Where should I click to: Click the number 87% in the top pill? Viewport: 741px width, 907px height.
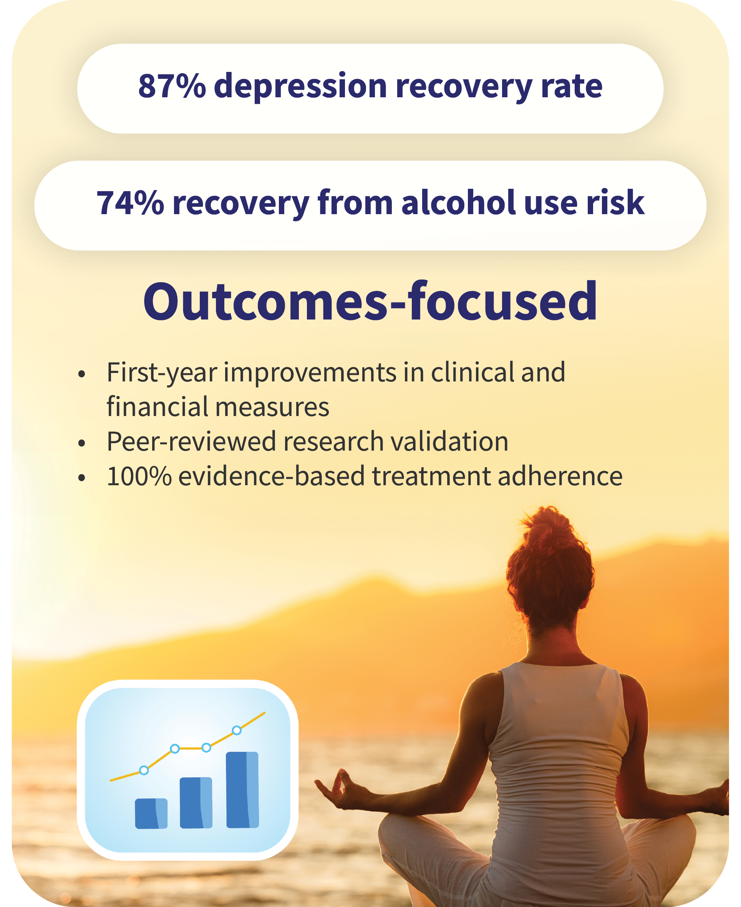tap(172, 86)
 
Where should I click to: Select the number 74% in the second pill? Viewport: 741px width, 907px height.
tap(130, 203)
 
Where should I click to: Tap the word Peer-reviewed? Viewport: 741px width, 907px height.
tap(191, 442)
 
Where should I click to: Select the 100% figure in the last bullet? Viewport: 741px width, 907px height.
tap(139, 476)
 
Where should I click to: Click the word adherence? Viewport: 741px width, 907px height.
tap(560, 476)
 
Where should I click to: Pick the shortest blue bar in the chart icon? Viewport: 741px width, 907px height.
tap(151, 814)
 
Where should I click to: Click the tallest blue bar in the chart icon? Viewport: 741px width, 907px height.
tap(242, 790)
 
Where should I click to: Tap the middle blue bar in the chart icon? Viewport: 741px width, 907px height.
tap(196, 803)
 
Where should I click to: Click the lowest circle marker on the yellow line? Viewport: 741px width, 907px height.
tap(144, 770)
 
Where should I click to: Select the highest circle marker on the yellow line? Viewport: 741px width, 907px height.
tap(237, 730)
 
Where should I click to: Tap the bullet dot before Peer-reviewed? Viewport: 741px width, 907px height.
tap(82, 443)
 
